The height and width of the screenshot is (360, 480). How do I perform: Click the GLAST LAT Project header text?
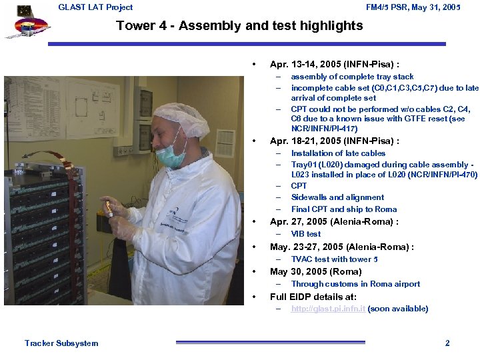click(x=95, y=7)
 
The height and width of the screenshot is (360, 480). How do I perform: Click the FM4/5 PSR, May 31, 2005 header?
click(x=413, y=7)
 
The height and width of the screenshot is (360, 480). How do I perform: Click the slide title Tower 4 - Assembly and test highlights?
click(x=239, y=26)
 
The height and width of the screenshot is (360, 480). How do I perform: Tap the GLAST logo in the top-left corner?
click(x=27, y=23)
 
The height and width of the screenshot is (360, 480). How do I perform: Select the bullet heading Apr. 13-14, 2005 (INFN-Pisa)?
click(x=334, y=65)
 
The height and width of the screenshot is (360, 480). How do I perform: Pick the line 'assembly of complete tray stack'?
click(x=352, y=77)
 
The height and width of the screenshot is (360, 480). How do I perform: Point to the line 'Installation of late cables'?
click(x=338, y=153)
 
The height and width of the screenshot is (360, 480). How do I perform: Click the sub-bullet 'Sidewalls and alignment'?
click(x=337, y=197)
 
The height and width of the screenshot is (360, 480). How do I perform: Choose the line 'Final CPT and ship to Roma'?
click(x=343, y=209)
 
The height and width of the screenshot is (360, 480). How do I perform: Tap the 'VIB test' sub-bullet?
click(x=305, y=234)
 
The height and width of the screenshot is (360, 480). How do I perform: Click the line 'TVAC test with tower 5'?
click(x=334, y=259)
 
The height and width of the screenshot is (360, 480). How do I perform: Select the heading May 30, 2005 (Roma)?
click(x=315, y=271)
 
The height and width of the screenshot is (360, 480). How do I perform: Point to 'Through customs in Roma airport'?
click(x=355, y=284)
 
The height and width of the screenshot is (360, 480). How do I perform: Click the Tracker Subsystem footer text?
click(x=61, y=343)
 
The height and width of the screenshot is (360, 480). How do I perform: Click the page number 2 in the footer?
click(x=447, y=343)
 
